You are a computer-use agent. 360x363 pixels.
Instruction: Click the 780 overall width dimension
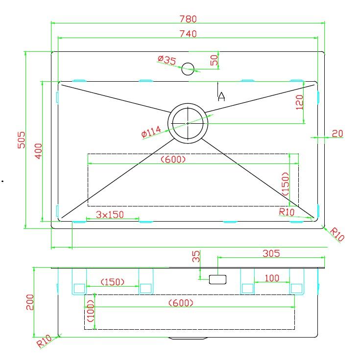click(188, 19)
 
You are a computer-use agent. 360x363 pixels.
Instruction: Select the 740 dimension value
click(188, 34)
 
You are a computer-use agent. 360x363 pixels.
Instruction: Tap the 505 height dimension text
click(22, 140)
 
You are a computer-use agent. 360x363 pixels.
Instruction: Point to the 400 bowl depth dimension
click(39, 151)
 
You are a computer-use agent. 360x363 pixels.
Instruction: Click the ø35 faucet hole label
click(167, 60)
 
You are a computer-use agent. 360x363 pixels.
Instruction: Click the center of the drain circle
click(188, 123)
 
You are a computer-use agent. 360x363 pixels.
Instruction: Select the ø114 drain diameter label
click(151, 132)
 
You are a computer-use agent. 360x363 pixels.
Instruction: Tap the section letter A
click(221, 96)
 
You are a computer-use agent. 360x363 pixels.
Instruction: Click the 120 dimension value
click(299, 102)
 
